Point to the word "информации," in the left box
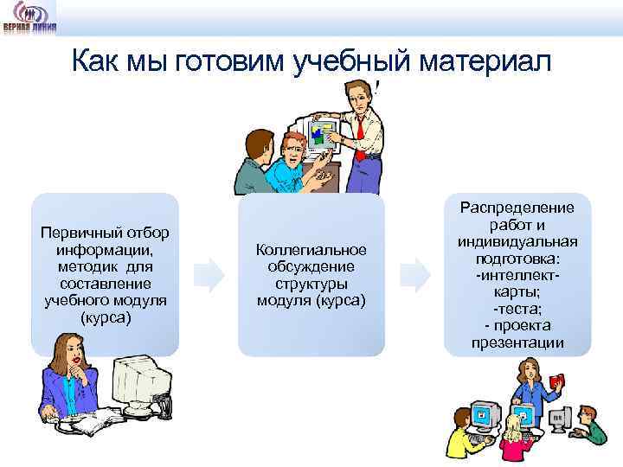point(105,250)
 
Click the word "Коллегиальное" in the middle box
point(311,249)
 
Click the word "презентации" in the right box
point(517,342)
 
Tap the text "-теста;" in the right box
point(517,309)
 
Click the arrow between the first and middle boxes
point(209,274)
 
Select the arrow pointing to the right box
point(416,274)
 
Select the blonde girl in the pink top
point(513,432)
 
